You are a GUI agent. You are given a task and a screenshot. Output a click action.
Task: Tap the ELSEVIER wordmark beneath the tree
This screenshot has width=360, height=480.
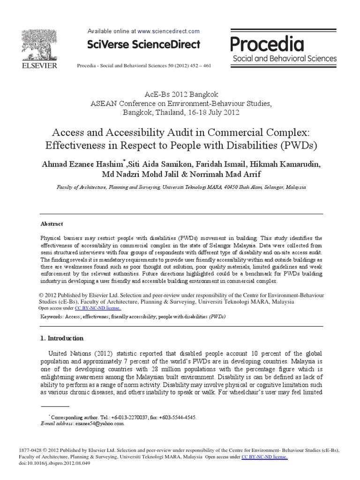38,66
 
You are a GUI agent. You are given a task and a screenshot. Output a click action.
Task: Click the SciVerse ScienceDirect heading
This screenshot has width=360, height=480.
144,45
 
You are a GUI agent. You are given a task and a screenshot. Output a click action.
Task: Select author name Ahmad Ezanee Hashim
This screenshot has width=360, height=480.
80,164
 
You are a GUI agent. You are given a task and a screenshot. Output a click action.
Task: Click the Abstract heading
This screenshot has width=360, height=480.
52,224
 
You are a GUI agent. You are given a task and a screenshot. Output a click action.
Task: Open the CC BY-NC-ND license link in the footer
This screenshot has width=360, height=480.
264,457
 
